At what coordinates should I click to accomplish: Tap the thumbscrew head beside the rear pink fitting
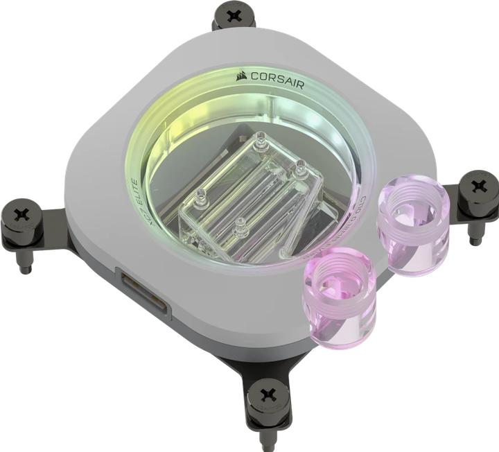tap(479, 186)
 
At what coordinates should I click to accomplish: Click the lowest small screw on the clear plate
tap(240, 223)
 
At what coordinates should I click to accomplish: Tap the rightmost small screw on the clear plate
tap(301, 166)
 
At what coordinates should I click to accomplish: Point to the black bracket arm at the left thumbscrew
tap(59, 236)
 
